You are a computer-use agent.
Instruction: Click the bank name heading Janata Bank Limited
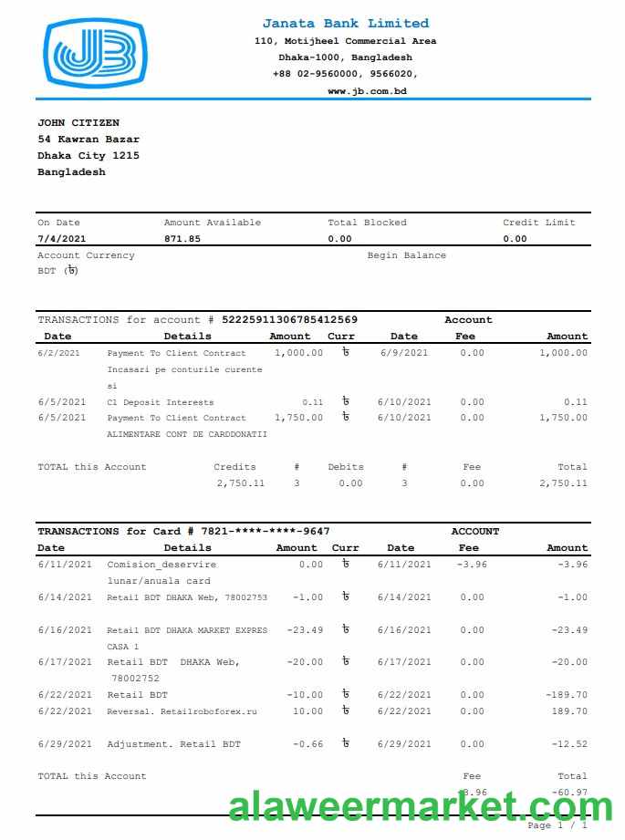[x=345, y=24]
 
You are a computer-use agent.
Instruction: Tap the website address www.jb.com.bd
[x=367, y=91]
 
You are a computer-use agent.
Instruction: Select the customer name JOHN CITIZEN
[x=78, y=123]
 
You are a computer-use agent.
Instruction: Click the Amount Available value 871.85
[x=182, y=239]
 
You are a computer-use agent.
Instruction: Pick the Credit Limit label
[x=539, y=223]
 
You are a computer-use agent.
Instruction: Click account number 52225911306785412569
[x=290, y=320]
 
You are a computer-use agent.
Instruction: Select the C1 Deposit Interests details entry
[x=161, y=402]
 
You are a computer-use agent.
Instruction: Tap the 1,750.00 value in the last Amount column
[x=563, y=418]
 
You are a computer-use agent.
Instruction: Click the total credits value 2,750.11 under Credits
[x=241, y=483]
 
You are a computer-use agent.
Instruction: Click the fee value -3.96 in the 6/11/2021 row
[x=472, y=565]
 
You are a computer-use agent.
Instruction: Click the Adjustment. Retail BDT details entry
[x=174, y=744]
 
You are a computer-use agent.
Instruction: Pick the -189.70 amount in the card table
[x=567, y=695]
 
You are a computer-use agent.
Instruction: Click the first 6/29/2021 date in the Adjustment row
[x=65, y=744]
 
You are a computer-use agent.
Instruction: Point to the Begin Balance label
[x=407, y=255]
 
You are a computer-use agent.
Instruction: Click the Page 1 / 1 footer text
[x=557, y=825]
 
